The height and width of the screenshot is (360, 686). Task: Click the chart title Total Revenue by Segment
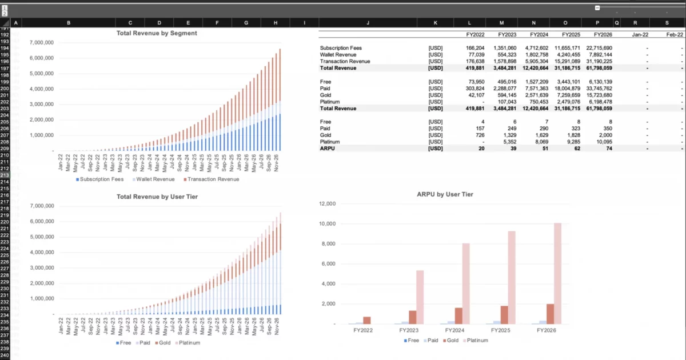[x=156, y=33]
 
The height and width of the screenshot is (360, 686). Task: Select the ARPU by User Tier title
[x=445, y=194]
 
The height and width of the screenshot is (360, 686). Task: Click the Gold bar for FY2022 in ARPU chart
[x=367, y=320]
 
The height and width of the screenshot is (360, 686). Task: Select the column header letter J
[x=368, y=23]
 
